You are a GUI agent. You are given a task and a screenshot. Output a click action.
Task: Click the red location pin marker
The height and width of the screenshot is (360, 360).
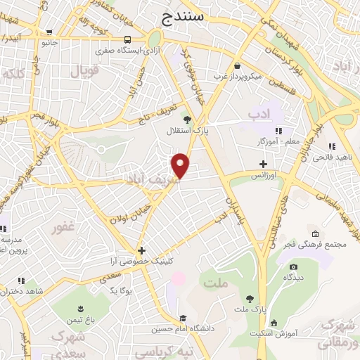[x=181, y=166]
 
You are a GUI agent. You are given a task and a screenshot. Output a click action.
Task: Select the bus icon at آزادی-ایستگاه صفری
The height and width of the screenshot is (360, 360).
[x=127, y=40]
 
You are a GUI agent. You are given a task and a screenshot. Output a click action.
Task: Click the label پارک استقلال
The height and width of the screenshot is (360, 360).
[x=184, y=131]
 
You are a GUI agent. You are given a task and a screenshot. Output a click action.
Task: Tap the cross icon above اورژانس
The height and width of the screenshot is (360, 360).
[x=262, y=164]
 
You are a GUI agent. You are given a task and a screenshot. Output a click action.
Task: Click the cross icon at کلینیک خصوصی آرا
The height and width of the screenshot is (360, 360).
[x=141, y=250]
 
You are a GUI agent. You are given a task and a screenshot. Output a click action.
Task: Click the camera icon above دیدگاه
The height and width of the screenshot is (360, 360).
[x=293, y=266]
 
